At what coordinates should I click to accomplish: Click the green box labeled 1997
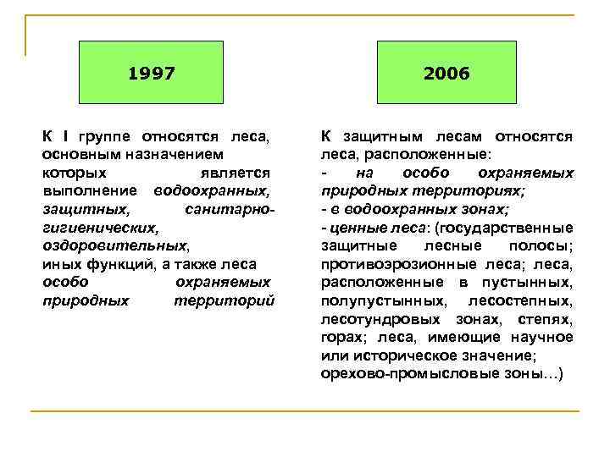point(152,74)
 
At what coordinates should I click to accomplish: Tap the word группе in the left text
point(106,136)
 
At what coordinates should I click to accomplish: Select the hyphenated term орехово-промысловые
point(393,373)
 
